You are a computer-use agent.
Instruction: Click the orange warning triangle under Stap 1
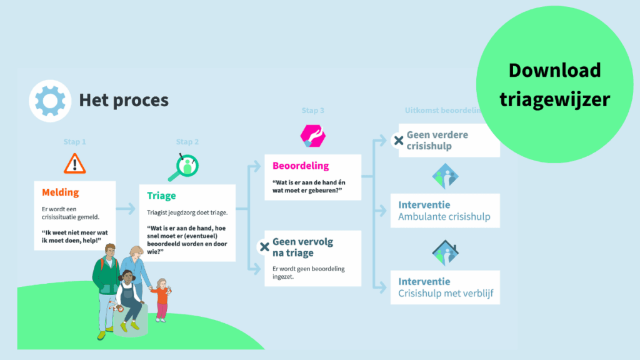(75, 163)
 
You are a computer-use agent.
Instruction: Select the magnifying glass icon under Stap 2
(187, 167)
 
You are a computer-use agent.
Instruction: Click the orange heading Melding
(61, 192)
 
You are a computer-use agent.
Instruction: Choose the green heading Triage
(162, 196)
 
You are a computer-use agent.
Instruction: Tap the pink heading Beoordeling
(301, 166)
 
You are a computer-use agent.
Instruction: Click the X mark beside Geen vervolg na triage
(264, 247)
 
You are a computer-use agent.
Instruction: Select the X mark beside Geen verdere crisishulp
(397, 141)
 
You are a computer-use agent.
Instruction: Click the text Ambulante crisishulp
(444, 217)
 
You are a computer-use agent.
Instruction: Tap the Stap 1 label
(74, 142)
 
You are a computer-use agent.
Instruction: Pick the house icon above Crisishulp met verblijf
(446, 252)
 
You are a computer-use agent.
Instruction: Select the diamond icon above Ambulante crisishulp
(446, 176)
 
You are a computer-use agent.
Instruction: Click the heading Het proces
(124, 100)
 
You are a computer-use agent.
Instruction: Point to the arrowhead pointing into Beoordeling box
(258, 167)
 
